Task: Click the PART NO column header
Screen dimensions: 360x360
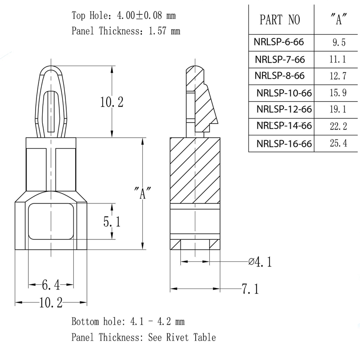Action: click(279, 20)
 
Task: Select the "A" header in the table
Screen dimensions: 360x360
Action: click(337, 20)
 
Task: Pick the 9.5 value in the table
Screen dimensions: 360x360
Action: click(338, 43)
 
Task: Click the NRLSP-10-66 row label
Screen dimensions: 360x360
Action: click(284, 94)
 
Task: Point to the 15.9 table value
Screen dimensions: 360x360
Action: click(338, 94)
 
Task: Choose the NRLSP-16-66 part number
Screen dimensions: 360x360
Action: click(284, 144)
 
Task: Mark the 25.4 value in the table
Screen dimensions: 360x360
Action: click(338, 144)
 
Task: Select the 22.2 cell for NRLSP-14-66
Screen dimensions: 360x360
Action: click(338, 127)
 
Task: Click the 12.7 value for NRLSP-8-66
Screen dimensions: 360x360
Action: click(338, 76)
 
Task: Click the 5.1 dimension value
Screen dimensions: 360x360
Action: click(111, 221)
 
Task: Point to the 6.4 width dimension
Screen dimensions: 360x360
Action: click(51, 284)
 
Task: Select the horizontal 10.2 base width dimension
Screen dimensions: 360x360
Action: click(51, 302)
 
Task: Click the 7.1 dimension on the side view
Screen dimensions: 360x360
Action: click(250, 289)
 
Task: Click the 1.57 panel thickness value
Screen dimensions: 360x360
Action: click(161, 31)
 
